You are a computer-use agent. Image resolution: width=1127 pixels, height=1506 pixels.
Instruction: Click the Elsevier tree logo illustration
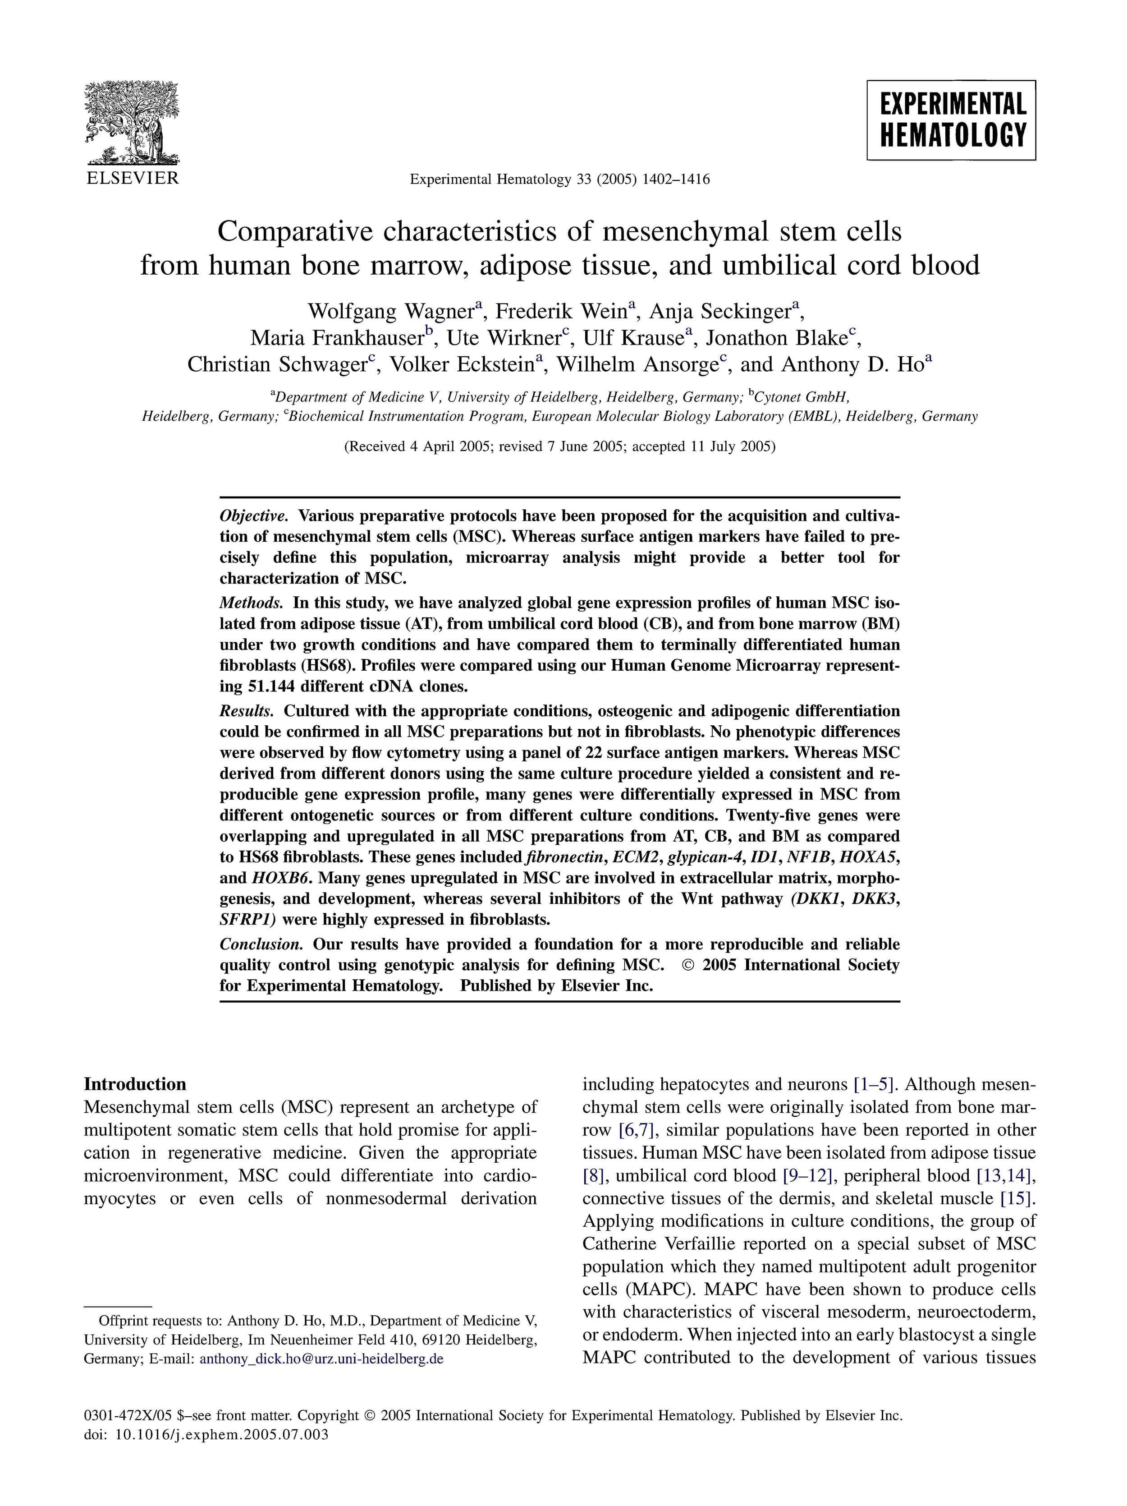[131, 123]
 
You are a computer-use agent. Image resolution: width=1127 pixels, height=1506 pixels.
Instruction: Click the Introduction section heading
[135, 1085]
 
